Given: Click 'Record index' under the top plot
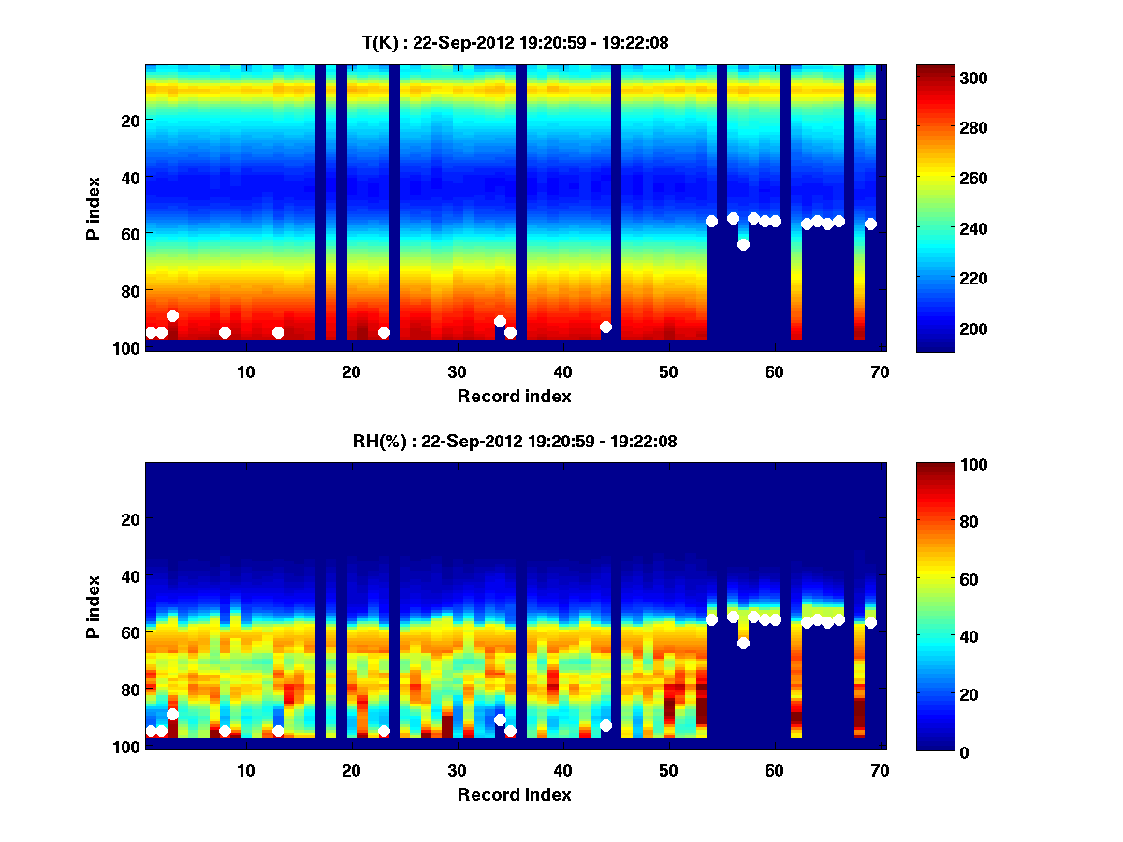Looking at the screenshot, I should coord(514,396).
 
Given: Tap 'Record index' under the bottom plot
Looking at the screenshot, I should coord(514,794).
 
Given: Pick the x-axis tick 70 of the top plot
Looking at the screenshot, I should coord(880,371).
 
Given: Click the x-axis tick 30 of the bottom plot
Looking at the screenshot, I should coord(457,770).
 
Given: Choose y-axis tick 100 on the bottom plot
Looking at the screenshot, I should coord(125,747).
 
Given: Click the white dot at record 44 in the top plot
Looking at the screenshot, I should coord(605,327).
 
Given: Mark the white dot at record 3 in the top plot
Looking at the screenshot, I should coord(172,315).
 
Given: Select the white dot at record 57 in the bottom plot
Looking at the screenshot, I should coord(743,643).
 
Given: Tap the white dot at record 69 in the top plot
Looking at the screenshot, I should coord(870,224).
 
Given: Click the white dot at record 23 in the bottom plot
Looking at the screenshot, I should coord(384,731).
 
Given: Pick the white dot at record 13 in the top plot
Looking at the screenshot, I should coord(278,332).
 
